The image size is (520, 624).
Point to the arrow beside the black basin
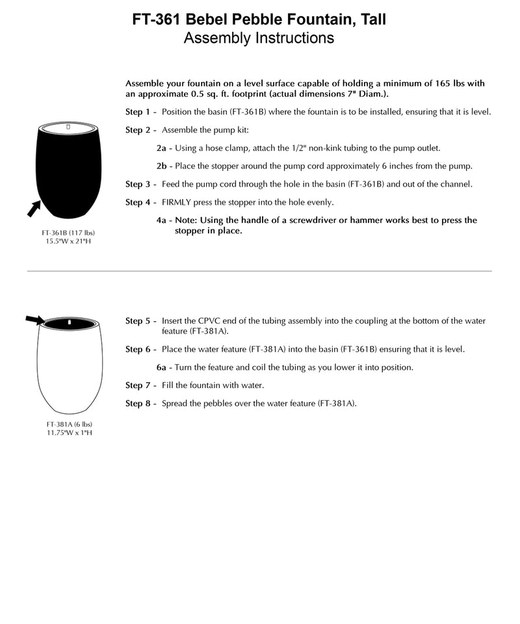coord(33,208)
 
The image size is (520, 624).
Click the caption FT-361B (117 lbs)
coord(64,232)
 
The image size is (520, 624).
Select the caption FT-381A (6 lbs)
coord(64,424)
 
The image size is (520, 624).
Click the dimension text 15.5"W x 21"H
coord(64,241)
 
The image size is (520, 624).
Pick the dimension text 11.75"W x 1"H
coord(64,433)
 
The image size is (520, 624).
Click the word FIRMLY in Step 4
coord(177,202)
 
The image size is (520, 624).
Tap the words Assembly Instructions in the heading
coord(259,38)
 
